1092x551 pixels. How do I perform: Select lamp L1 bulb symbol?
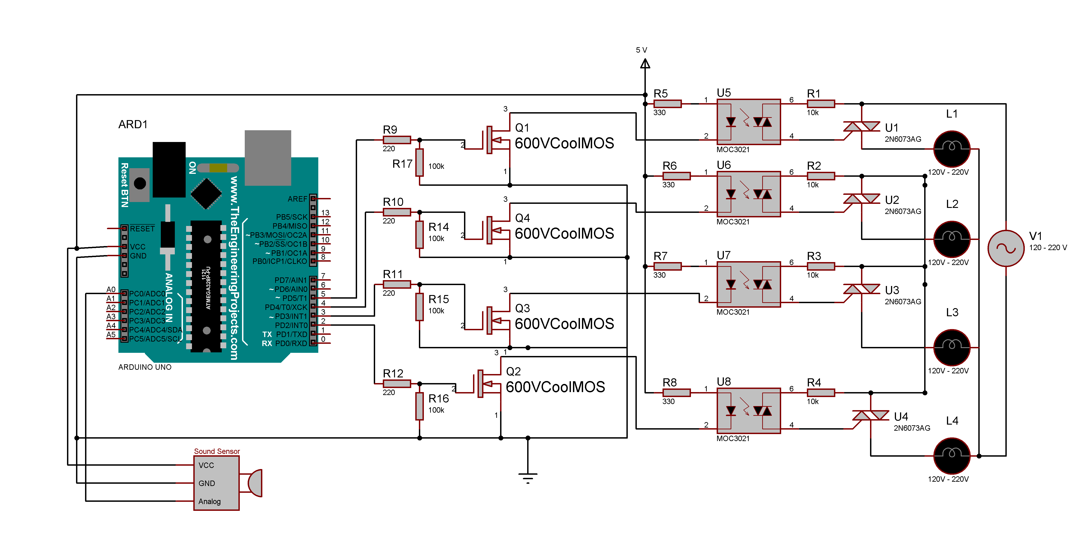pos(952,149)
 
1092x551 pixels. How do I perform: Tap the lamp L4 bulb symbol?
pos(952,456)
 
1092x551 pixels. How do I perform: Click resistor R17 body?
pos(419,163)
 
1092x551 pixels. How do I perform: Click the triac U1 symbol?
pos(861,126)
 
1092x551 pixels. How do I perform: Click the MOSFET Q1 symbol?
pos(494,140)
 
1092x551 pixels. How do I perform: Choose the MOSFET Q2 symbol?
pos(485,384)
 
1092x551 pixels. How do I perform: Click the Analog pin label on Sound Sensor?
pos(209,501)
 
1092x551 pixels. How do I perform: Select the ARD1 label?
pos(133,124)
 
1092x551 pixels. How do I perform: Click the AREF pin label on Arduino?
pos(297,199)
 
